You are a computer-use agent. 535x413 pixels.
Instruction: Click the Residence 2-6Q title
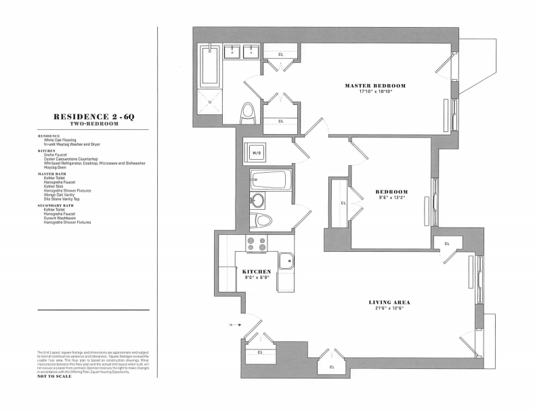(x=94, y=117)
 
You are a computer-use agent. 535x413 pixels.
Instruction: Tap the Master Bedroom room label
(x=375, y=85)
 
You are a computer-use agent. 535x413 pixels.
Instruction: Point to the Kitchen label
(x=257, y=271)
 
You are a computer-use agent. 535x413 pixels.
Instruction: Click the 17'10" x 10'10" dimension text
(x=375, y=91)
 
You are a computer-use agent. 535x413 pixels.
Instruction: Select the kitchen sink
(x=286, y=261)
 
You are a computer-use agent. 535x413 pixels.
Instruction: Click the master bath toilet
(x=248, y=113)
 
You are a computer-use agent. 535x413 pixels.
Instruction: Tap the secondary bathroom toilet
(x=260, y=221)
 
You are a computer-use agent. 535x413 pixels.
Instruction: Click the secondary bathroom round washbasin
(x=257, y=201)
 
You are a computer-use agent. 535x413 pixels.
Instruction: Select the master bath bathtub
(x=210, y=66)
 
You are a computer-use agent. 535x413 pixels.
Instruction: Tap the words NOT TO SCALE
(x=54, y=376)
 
